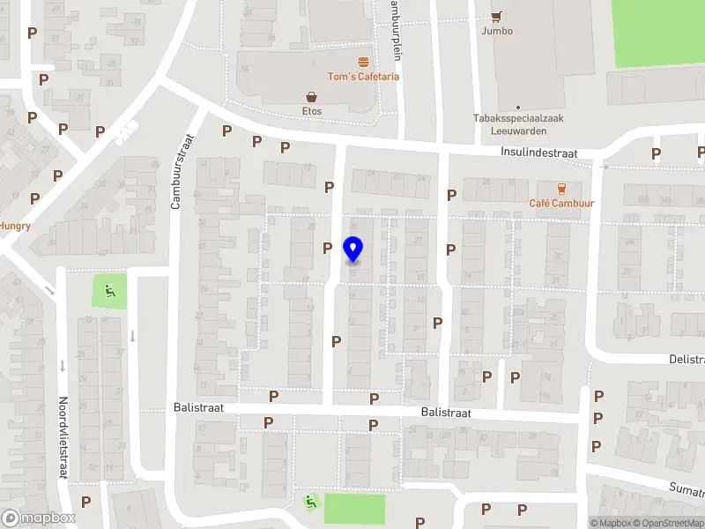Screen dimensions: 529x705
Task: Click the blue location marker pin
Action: [x=353, y=250]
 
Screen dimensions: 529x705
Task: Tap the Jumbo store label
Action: [x=497, y=31]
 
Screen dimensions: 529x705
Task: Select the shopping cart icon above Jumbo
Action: [x=497, y=15]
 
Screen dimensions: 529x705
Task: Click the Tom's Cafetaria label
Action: [x=364, y=77]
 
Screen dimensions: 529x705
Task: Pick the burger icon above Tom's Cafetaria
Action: [x=364, y=62]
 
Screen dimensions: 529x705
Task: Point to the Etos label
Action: [x=312, y=111]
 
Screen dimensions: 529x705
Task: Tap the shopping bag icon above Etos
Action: [x=312, y=96]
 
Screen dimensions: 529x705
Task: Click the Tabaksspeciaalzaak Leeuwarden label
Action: [x=518, y=123]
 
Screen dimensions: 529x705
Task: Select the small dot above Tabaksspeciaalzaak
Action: [x=518, y=108]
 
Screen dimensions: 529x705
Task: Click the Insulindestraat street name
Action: [x=538, y=153]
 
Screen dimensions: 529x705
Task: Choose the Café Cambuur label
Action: [x=560, y=204]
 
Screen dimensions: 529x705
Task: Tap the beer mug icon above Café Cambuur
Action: [x=560, y=188]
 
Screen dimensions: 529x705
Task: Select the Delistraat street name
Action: [x=687, y=360]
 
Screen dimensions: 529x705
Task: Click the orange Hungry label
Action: [x=15, y=226]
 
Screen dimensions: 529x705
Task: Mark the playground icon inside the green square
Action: [x=109, y=290]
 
